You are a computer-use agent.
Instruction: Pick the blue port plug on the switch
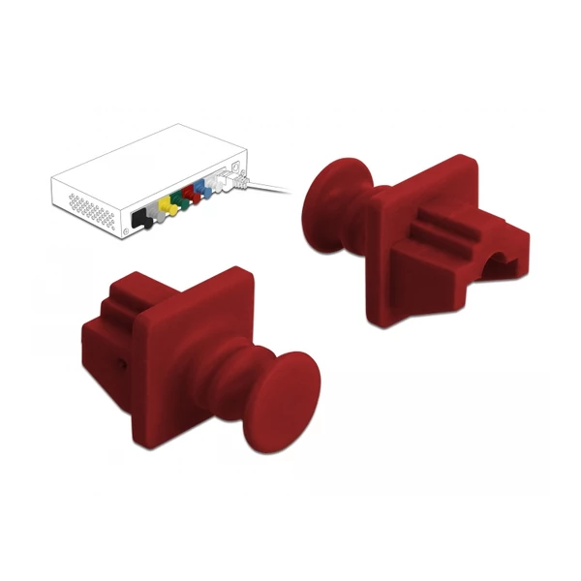click(200, 188)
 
